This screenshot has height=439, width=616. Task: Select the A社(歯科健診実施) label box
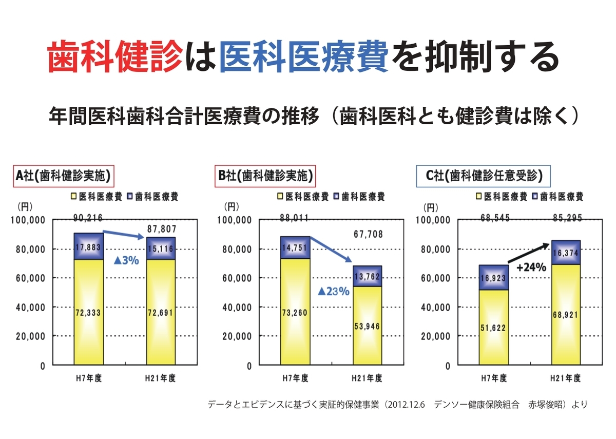(63, 176)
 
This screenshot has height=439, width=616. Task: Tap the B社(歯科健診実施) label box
(264, 176)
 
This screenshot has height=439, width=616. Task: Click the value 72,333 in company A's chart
(89, 312)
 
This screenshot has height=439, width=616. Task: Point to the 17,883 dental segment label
(89, 247)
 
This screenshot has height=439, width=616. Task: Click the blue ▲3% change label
(126, 261)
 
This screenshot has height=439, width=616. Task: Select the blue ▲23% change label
(333, 292)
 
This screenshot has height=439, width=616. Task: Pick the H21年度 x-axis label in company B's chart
(367, 378)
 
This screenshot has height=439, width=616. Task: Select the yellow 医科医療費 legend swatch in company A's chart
(74, 196)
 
